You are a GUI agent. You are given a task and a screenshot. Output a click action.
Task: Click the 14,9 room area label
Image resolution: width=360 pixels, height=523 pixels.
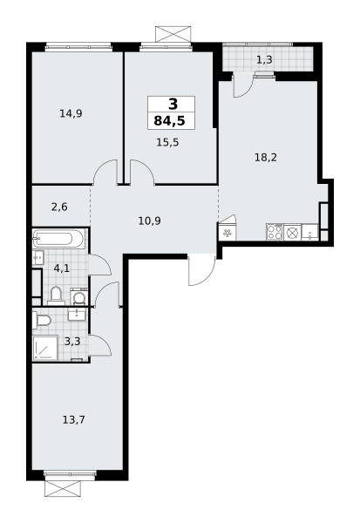click(71, 113)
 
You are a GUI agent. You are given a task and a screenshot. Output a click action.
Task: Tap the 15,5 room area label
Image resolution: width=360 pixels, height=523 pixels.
click(167, 142)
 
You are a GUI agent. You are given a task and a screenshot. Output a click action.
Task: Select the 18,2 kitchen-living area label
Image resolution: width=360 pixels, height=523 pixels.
click(266, 157)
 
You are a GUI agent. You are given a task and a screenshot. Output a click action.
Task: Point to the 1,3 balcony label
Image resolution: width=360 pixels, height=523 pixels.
click(264, 59)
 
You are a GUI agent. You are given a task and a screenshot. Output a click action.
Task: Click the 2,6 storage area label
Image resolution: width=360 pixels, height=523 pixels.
click(59, 207)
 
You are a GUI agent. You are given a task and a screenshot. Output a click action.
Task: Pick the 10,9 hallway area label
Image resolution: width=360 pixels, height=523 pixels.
click(149, 221)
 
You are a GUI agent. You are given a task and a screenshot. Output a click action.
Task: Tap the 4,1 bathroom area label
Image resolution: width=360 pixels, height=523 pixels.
click(62, 268)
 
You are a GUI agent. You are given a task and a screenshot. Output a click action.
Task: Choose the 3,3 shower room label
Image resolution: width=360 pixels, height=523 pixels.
click(72, 342)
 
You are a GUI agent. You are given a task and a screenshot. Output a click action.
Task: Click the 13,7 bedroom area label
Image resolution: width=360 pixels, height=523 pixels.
click(74, 419)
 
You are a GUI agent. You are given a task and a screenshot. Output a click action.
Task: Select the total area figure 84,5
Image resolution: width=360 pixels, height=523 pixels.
click(169, 121)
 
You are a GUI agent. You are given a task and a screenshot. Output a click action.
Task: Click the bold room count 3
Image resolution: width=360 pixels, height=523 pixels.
click(173, 105)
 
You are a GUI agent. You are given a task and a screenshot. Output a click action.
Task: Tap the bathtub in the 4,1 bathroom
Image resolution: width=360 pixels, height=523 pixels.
click(58, 239)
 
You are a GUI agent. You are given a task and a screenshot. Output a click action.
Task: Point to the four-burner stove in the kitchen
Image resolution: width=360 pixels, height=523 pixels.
click(275, 232)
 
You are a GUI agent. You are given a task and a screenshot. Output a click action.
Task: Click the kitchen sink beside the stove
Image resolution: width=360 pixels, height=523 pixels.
click(309, 232)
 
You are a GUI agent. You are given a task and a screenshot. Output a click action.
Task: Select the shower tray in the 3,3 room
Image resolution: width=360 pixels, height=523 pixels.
click(45, 348)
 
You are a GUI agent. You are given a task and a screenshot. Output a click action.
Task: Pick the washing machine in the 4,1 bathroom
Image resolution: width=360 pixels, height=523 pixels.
click(79, 296)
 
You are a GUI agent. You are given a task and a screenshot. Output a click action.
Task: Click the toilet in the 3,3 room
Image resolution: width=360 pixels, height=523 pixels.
click(41, 320)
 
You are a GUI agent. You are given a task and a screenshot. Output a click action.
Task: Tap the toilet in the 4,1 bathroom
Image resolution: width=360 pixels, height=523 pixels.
click(56, 295)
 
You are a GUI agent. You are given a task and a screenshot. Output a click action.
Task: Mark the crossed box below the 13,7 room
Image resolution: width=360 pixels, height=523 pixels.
click(63, 488)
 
